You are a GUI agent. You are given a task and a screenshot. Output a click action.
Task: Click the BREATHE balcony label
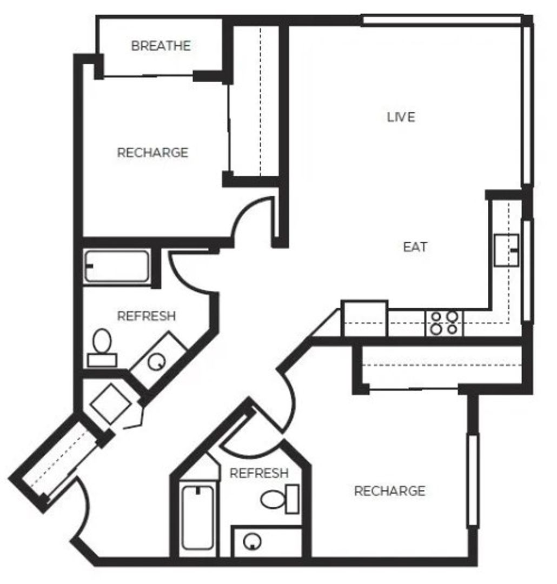[x=161, y=46]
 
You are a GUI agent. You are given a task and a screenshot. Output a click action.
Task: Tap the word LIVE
[x=401, y=117]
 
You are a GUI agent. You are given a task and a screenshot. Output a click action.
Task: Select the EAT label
[x=415, y=247]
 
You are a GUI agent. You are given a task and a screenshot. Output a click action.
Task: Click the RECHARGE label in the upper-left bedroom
[x=152, y=152]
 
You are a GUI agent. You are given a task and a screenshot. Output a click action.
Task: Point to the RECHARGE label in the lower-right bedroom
[x=389, y=491]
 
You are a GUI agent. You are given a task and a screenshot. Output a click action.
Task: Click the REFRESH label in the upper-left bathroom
[x=147, y=316]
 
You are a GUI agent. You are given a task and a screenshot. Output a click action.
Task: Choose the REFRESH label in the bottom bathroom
[x=259, y=473]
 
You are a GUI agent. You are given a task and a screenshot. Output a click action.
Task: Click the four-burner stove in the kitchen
[x=444, y=323]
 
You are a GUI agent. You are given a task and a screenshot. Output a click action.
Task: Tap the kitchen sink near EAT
[x=506, y=250]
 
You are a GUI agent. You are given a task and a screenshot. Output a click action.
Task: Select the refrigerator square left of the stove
[x=364, y=318]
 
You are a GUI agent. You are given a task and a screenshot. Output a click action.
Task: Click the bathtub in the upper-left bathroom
[x=117, y=267]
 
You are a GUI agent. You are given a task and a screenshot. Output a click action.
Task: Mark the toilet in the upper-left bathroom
[x=102, y=348]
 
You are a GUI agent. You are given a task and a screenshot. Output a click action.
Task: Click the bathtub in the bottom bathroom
[x=198, y=517]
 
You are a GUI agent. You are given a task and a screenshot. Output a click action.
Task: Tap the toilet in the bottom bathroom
[x=280, y=499]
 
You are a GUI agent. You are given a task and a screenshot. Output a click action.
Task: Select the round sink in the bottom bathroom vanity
[x=252, y=541]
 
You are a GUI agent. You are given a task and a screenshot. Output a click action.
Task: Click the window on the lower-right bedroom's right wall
[x=473, y=480]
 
